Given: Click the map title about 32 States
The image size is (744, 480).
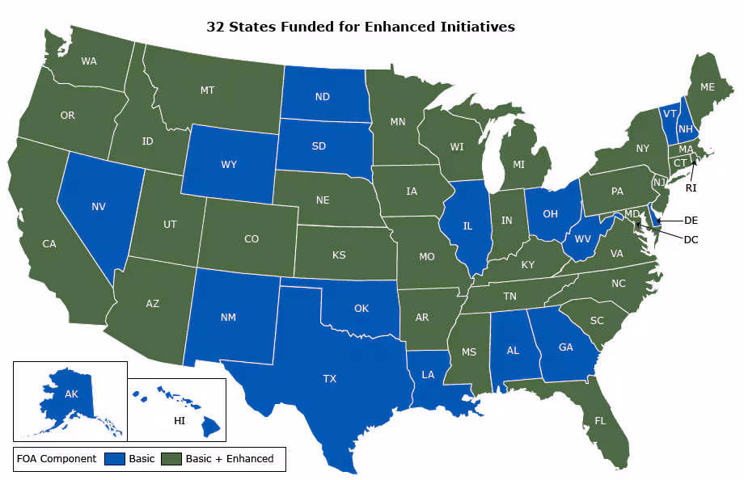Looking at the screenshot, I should pos(361,27).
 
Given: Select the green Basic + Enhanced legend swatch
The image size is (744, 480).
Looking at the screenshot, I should pos(172,459).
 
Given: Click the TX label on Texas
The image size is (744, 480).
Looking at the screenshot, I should pos(330,378).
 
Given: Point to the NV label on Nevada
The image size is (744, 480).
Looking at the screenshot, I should pos(99,207).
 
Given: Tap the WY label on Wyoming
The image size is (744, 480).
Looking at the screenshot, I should pos(229,165).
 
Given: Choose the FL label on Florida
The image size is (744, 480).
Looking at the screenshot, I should pos(600,421).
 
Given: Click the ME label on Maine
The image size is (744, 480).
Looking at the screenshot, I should pos(707,86).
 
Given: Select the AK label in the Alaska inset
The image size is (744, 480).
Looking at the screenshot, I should pos(71,395).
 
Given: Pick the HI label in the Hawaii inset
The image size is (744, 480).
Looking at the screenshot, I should pos(180,421).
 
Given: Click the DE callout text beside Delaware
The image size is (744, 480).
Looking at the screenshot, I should pos(691,220).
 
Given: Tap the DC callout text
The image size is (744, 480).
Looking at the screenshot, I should pos(691,239).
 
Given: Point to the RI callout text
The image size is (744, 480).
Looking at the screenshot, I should pos(691,187).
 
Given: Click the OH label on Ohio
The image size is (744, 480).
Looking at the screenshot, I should pos(550,214).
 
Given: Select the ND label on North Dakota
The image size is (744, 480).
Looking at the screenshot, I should pos(322,97).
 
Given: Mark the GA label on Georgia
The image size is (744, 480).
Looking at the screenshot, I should pos(566,348).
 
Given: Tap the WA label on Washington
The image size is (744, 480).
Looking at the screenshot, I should pos(89,61).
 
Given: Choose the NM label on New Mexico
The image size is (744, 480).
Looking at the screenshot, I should pos(228,318).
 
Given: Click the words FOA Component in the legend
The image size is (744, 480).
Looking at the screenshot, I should pos(57,459).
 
